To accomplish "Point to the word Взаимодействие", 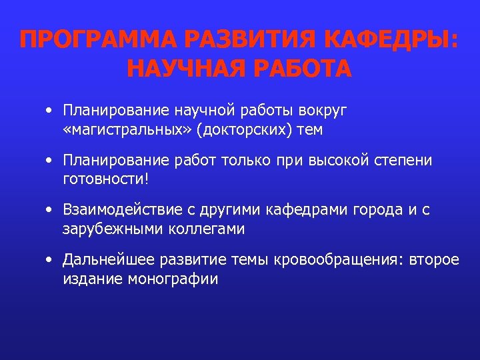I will pyautogui.click(x=121, y=211).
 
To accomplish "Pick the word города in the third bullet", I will pyautogui.click(x=368, y=211).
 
